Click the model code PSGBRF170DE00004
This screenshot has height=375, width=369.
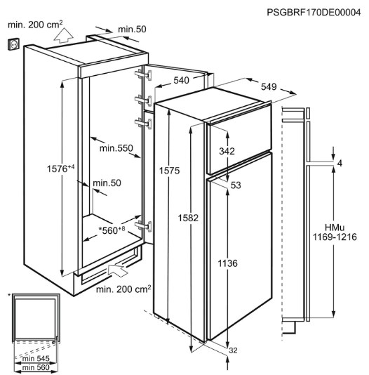[314, 12]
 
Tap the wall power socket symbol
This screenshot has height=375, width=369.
[13, 44]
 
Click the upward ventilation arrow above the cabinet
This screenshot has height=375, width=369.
[63, 35]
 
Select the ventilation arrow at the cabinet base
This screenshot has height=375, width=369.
[118, 270]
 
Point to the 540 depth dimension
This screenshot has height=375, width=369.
[181, 81]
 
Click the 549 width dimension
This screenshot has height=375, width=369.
[269, 86]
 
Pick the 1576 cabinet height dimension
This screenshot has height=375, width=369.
[60, 169]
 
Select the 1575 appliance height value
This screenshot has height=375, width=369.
[169, 171]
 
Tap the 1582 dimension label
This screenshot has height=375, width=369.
[188, 218]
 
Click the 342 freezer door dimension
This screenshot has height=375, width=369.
[227, 151]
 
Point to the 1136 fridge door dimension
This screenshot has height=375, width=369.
[227, 263]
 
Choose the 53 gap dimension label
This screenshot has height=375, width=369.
[236, 185]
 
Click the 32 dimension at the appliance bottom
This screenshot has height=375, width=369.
[233, 350]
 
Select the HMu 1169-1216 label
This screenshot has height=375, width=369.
[335, 232]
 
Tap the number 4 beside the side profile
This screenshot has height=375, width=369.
[340, 164]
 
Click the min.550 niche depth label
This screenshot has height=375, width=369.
[116, 148]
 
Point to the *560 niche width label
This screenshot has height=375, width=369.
[112, 230]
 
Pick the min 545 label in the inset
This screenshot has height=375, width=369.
[36, 358]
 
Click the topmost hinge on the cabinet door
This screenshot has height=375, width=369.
[143, 75]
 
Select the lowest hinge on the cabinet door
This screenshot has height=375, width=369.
[143, 226]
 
